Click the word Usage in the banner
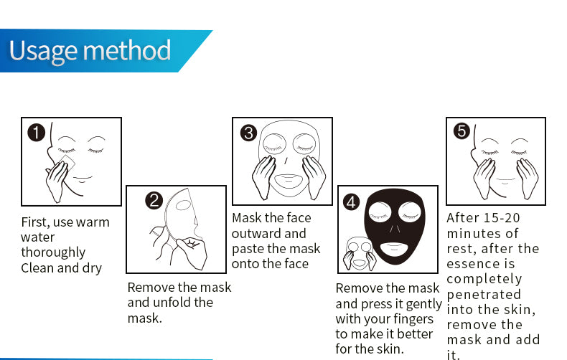pyautogui.click(x=42, y=52)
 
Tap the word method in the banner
pyautogui.click(x=127, y=50)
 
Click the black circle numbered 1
pyautogui.click(x=37, y=132)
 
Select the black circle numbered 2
pyautogui.click(x=154, y=200)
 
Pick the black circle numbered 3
pyautogui.click(x=248, y=133)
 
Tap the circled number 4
pyautogui.click(x=351, y=202)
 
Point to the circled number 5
pyautogui.click(x=461, y=131)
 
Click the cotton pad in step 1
pyautogui.click(x=66, y=164)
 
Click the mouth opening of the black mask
pyautogui.click(x=394, y=249)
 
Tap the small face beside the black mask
pyautogui.click(x=359, y=254)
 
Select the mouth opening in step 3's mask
pyautogui.click(x=289, y=181)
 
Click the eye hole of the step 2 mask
pyautogui.click(x=183, y=205)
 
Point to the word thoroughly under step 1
pyautogui.click(x=53, y=252)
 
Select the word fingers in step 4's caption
pyautogui.click(x=413, y=320)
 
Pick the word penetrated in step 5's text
pyautogui.click(x=484, y=295)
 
